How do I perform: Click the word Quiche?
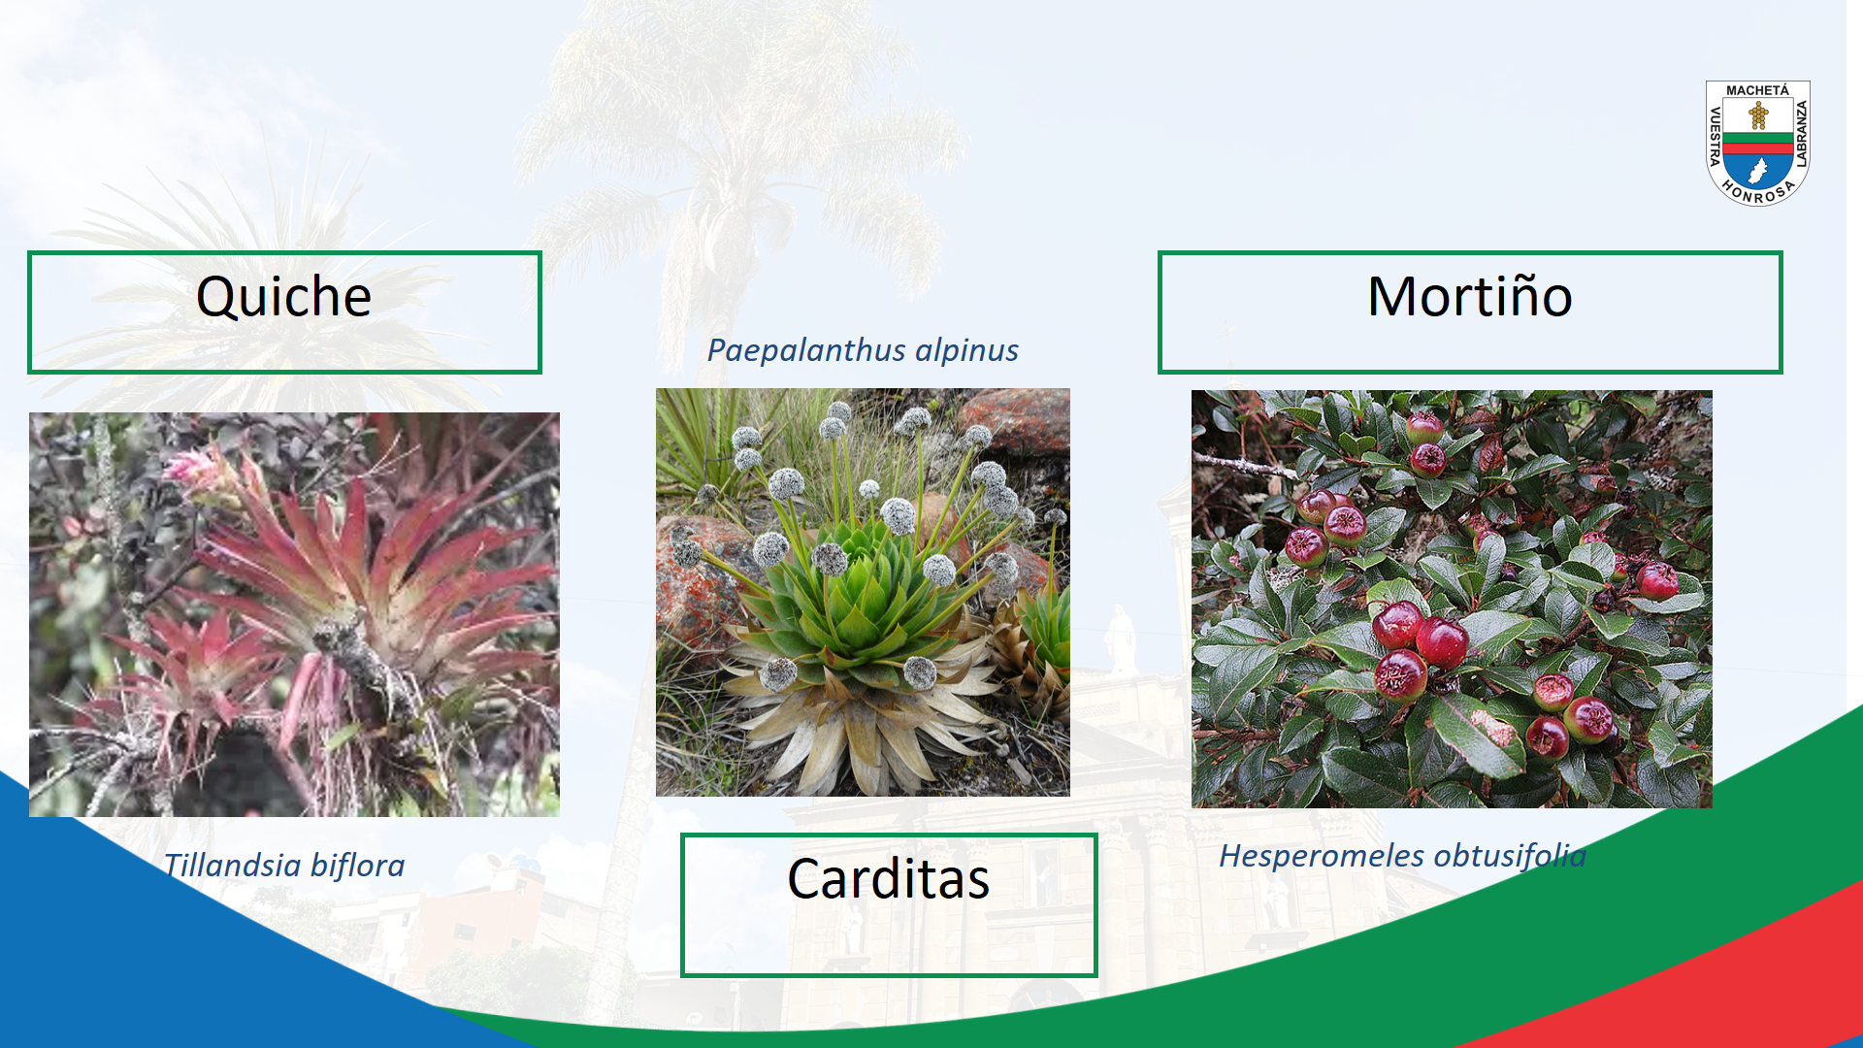(283, 297)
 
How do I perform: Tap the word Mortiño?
(1469, 296)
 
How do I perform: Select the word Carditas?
(888, 879)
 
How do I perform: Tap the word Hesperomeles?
(1322, 856)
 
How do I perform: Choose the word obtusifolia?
(1510, 856)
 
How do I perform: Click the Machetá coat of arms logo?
(1758, 143)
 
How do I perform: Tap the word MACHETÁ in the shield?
(1757, 90)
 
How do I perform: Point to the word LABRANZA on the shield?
(1802, 134)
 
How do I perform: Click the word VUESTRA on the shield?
(1715, 136)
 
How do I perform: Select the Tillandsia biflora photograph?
(294, 614)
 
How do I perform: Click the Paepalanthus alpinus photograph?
(863, 592)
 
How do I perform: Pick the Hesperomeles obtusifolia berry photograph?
(1452, 599)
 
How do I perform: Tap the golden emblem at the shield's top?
(1758, 116)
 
